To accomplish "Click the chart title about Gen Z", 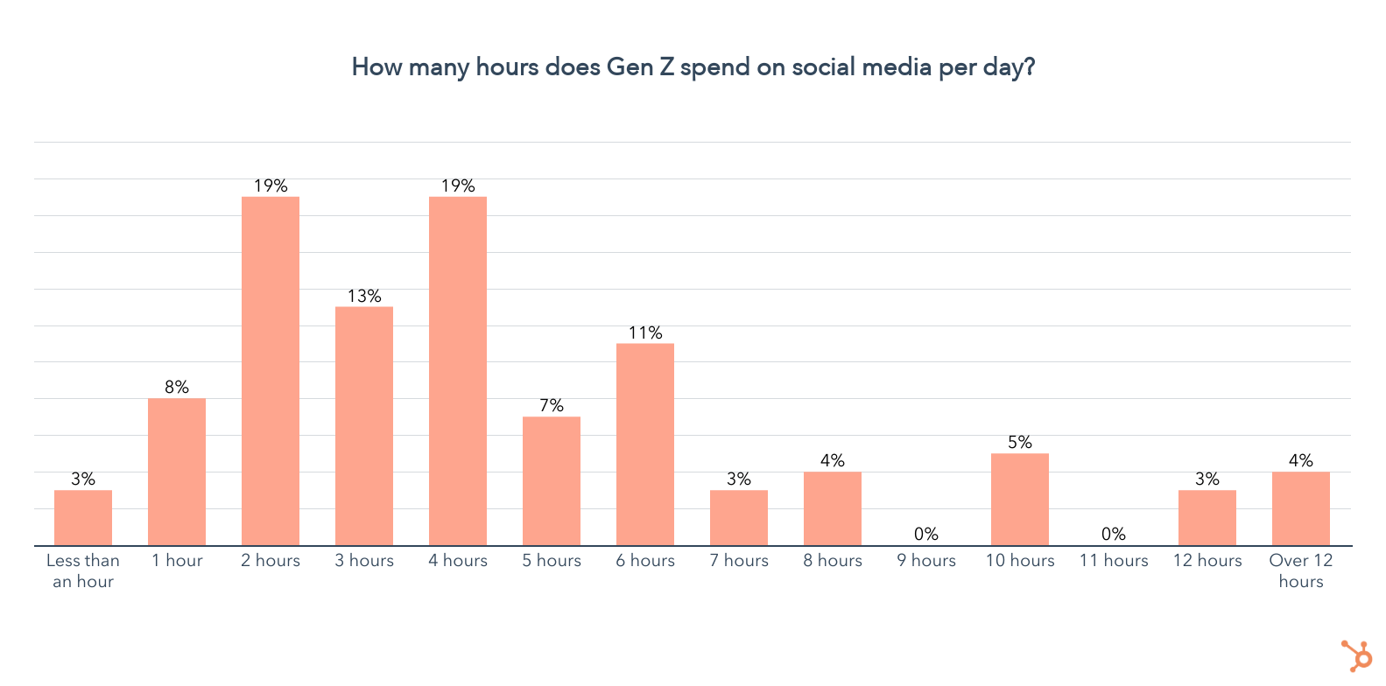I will pos(693,67).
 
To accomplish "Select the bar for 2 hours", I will pos(271,371).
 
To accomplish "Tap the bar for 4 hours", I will pos(458,371).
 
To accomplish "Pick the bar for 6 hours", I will pos(645,444).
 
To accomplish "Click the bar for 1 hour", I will pos(177,472).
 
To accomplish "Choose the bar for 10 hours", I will pos(1020,500).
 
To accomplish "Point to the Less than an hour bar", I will pos(83,518).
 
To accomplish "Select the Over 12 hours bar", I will pos(1301,509).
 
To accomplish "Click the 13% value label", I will pos(364,297).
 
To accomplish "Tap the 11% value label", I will pos(645,333).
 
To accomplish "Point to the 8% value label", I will pos(177,388).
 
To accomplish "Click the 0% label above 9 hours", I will pos(926,534).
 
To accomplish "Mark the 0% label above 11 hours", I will pos(1114,534).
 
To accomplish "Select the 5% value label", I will pos(1020,443).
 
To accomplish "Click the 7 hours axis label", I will pos(739,561).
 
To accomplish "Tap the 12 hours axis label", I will pos(1207,561).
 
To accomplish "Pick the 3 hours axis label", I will pos(364,561).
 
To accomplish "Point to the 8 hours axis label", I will pos(833,561).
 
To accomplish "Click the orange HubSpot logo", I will pos(1357,655).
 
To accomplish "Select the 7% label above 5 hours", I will pos(552,406).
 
